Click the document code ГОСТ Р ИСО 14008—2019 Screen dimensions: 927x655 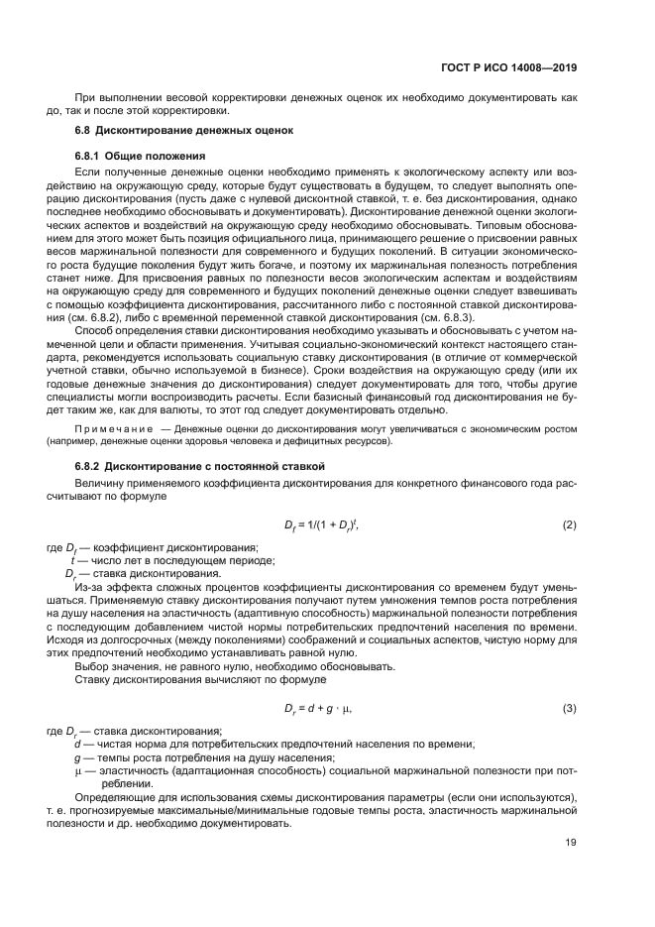point(509,68)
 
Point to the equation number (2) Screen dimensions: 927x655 point(569,523)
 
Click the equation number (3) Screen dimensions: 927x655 point(569,708)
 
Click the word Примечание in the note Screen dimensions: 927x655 point(109,428)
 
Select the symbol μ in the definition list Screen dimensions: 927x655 point(77,770)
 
